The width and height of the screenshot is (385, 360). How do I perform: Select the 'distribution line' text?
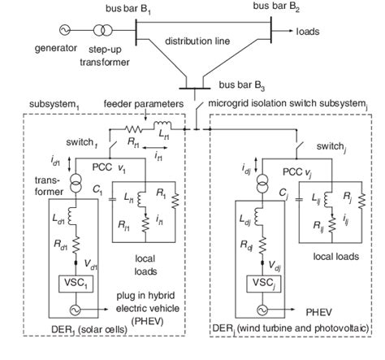(195, 41)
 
